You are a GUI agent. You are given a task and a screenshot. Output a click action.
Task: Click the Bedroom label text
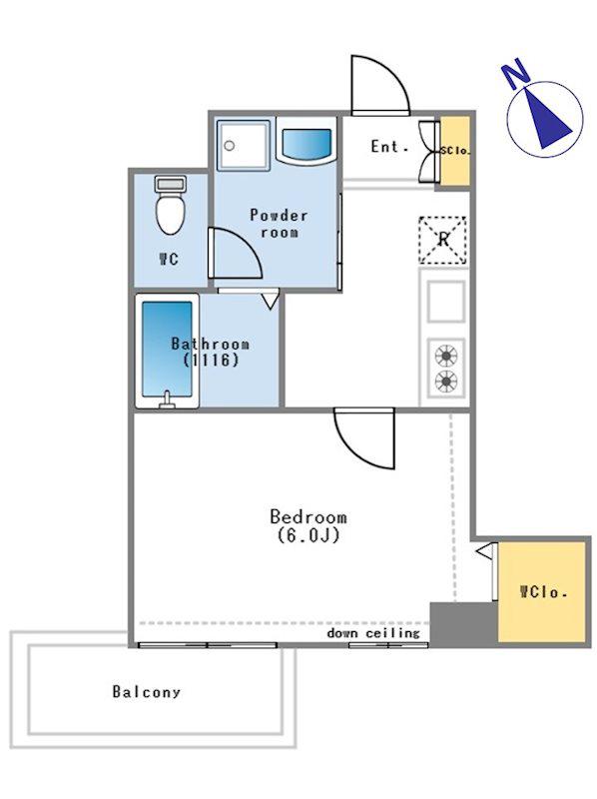[308, 516]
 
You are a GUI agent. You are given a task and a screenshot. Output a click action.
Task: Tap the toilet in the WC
[170, 206]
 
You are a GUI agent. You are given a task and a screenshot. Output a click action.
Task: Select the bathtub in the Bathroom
[167, 352]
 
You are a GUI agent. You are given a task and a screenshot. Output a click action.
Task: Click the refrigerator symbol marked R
[442, 240]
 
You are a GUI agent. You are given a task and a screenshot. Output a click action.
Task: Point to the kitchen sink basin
[445, 302]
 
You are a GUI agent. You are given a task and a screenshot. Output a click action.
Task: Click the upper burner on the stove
[446, 356]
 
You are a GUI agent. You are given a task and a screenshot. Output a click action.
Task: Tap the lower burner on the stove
[446, 381]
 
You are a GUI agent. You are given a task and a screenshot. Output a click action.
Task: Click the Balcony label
[146, 691]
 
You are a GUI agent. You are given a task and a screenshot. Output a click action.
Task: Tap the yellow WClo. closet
[541, 591]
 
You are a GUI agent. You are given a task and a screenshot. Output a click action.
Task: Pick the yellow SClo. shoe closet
[455, 151]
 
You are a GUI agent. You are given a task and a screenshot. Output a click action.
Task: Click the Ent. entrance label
[389, 147]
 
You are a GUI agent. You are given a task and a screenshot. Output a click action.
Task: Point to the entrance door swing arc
[393, 71]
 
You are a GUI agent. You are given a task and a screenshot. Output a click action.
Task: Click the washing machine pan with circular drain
[243, 145]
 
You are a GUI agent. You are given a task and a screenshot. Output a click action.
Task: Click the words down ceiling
[373, 633]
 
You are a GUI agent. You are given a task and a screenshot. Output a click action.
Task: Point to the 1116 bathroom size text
[211, 361]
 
